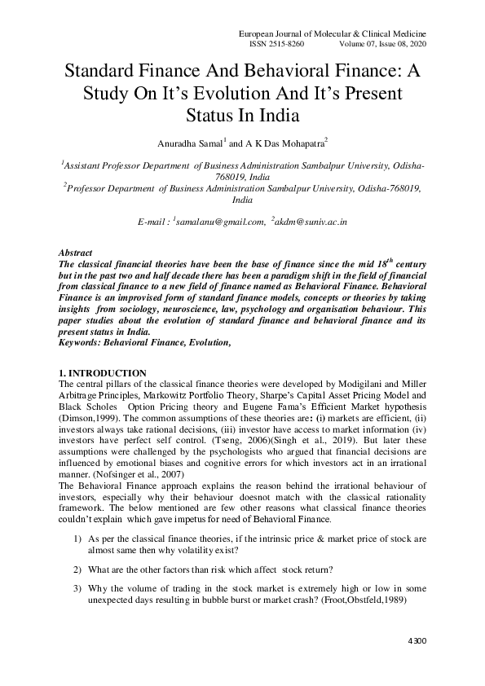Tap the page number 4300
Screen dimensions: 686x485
pos(416,642)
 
